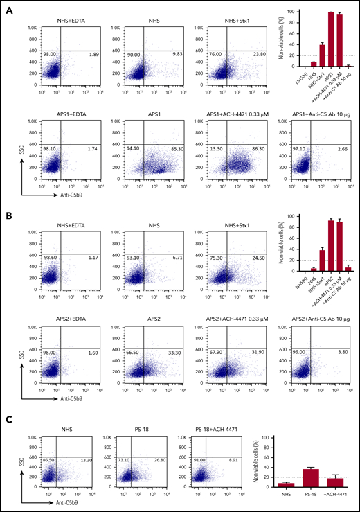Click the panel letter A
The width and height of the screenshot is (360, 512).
[5, 8]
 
